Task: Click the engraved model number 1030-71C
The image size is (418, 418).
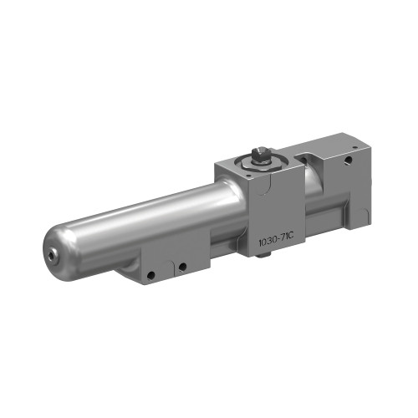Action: pos(273,241)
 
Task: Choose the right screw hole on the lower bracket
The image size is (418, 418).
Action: pos(180,268)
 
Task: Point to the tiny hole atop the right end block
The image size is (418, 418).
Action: pos(355,148)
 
